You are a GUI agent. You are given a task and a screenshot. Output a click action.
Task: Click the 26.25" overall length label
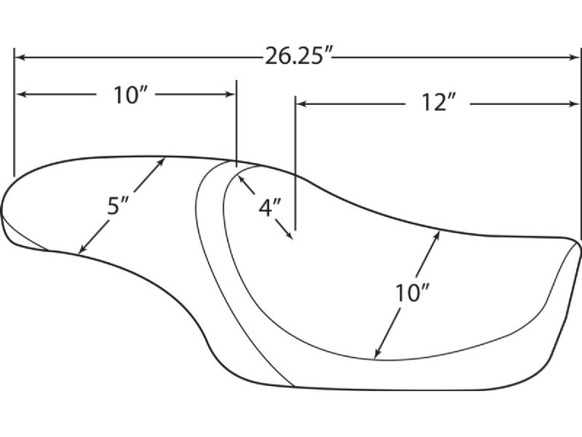(298, 57)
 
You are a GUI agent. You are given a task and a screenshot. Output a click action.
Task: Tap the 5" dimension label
(118, 205)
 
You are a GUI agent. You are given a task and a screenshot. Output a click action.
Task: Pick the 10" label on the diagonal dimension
(412, 293)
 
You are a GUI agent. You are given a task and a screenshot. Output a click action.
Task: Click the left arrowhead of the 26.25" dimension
(21, 58)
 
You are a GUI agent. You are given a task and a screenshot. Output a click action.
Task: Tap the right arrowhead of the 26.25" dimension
(574, 58)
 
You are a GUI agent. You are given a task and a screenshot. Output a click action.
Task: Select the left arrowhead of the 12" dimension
(302, 103)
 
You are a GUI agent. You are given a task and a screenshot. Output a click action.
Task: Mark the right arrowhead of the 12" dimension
(573, 103)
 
